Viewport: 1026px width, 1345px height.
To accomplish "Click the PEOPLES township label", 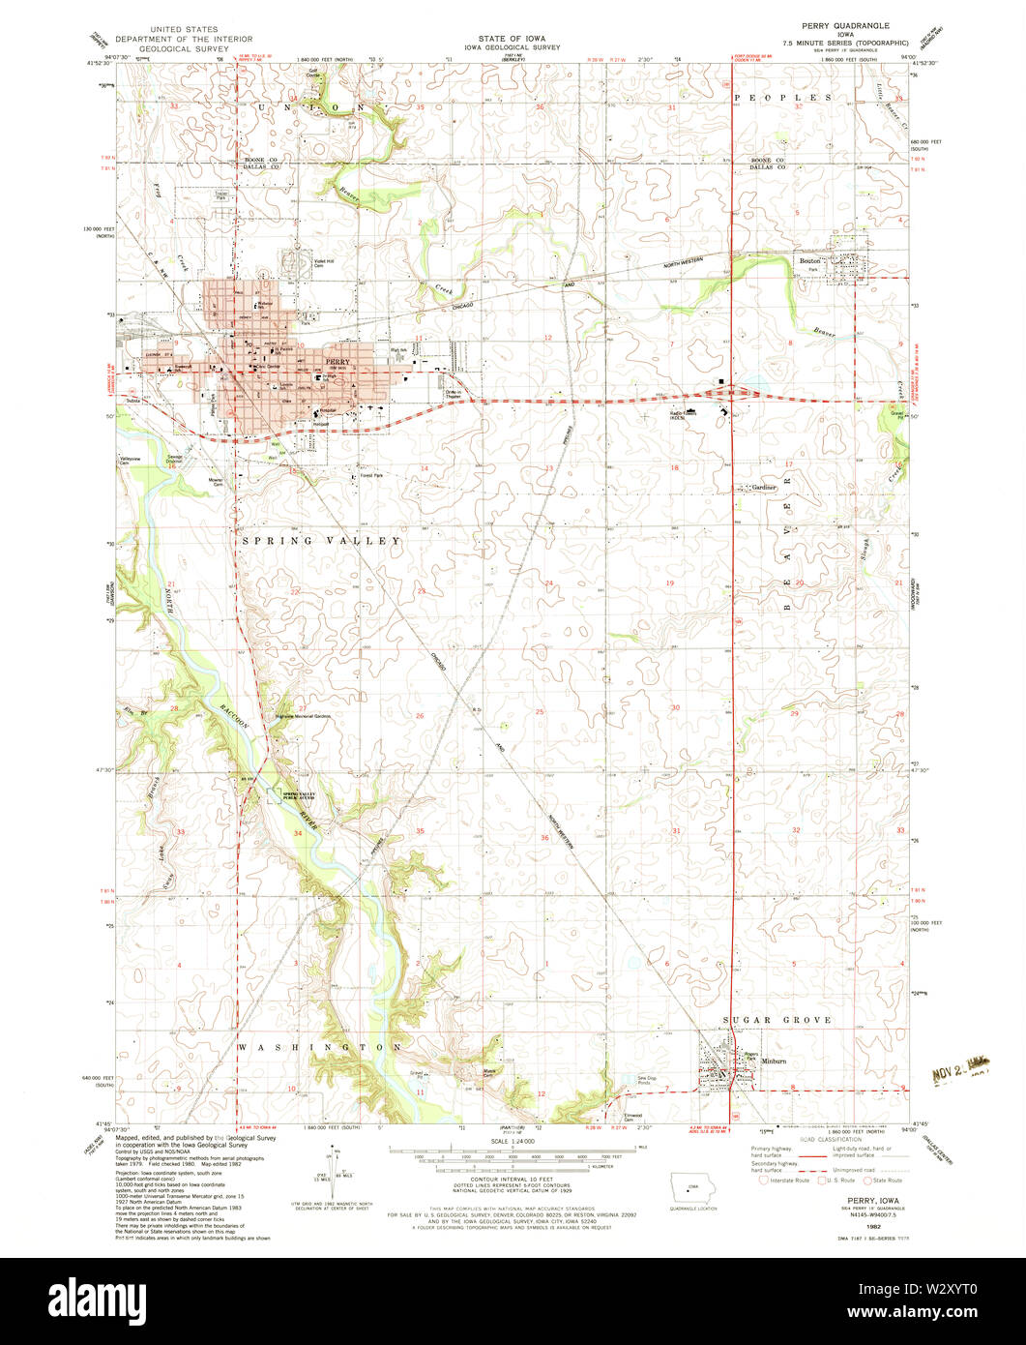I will pos(783,98).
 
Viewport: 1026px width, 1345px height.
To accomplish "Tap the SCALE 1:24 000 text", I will pos(512,1142).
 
